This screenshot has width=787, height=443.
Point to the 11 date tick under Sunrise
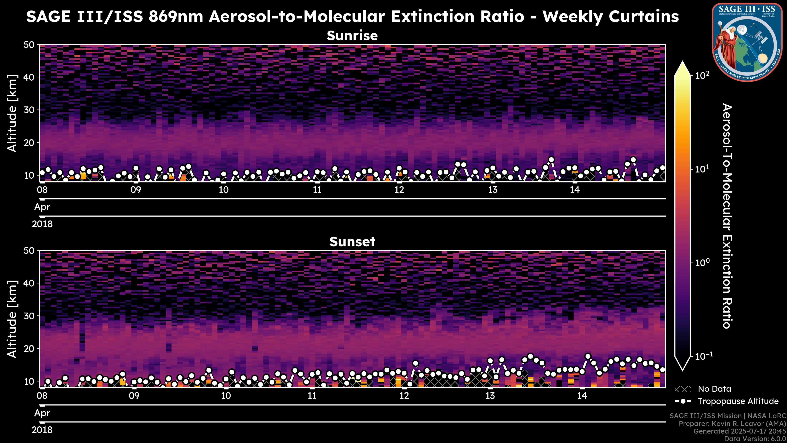(x=317, y=190)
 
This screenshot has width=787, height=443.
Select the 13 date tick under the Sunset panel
(x=490, y=396)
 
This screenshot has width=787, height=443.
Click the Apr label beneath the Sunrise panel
(x=42, y=207)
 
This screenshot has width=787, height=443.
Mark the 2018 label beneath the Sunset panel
(x=42, y=430)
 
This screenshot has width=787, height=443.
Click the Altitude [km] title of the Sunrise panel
(x=12, y=113)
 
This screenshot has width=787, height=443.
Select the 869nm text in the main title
(x=176, y=16)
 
